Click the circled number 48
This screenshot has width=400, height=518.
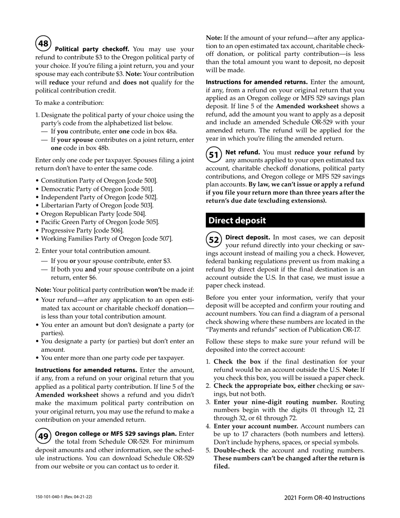(43, 43)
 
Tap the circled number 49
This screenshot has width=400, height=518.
(43, 436)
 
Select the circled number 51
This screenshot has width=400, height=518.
(214, 155)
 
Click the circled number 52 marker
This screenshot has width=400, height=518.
(214, 240)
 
